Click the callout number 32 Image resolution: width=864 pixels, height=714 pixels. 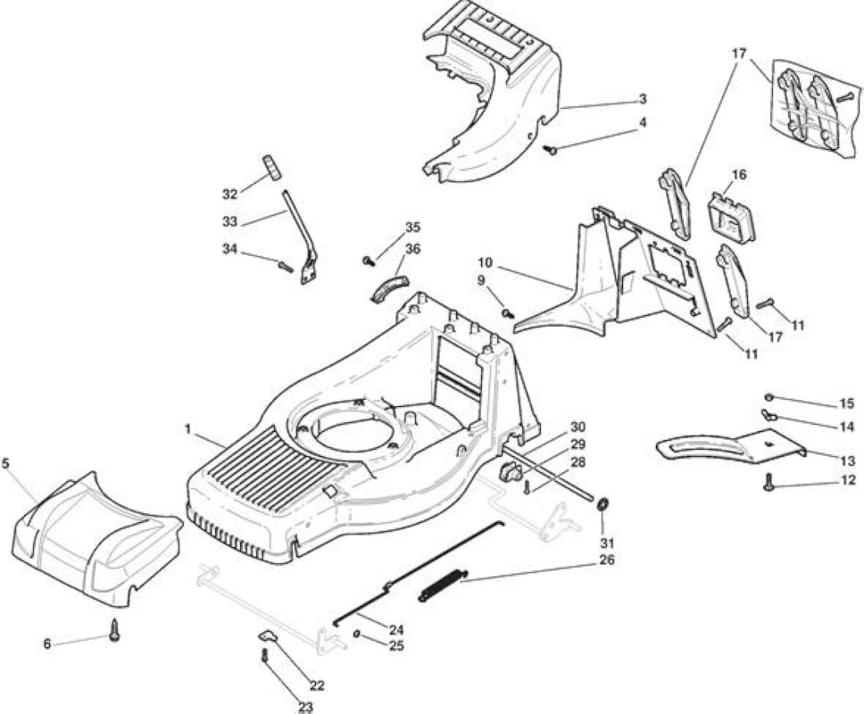229,194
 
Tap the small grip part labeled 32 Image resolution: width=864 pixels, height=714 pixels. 270,167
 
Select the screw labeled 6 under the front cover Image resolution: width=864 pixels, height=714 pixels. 114,630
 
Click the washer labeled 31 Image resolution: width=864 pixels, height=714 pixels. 602,504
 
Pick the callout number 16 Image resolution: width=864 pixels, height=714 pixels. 739,175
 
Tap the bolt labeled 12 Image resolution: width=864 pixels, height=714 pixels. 768,482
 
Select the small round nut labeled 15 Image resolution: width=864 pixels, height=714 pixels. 769,397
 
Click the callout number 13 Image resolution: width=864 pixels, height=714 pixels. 848,461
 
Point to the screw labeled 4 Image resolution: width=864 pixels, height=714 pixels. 550,149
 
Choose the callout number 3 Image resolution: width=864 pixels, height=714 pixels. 643,99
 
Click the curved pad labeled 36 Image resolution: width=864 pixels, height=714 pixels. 389,286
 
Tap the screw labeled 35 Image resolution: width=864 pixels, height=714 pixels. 369,260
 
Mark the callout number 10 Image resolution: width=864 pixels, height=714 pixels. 486,262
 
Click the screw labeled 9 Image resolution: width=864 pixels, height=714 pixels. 508,313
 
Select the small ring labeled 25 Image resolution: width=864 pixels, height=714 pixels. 356,635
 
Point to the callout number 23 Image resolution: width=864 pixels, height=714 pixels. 305,707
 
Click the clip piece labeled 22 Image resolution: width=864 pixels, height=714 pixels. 268,635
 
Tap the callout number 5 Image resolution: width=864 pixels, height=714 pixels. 5,463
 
